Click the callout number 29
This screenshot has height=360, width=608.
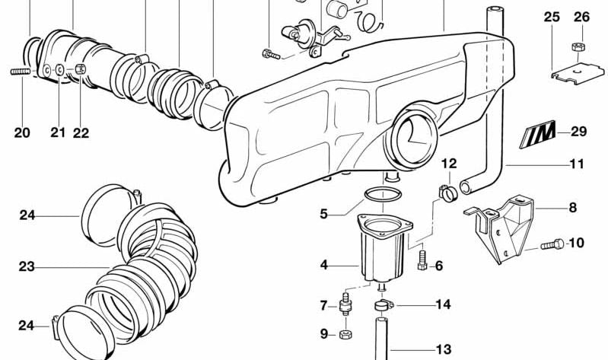coord(578,132)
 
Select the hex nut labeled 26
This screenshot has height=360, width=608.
coord(579,48)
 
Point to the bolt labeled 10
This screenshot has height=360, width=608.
coord(553,245)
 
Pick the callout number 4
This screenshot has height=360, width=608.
coord(324,265)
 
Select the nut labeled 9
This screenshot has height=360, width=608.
coord(347,333)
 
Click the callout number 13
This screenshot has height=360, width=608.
coord(443,350)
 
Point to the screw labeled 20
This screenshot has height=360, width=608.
coord(23,72)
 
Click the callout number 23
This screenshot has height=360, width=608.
coord(27,267)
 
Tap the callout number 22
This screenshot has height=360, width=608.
coord(81,132)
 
